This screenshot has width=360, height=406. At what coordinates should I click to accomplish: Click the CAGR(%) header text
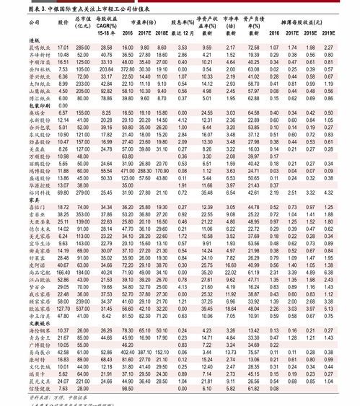[x=107, y=27]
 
